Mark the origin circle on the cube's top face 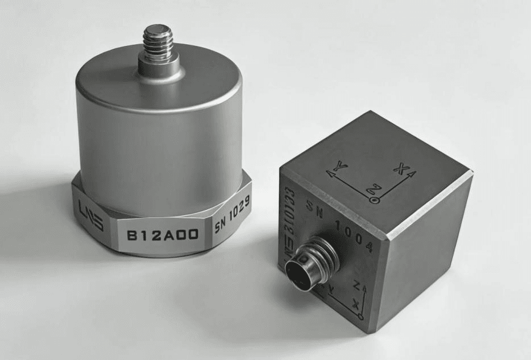pos(374,200)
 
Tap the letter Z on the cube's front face pos(356,283)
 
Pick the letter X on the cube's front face pos(356,304)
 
